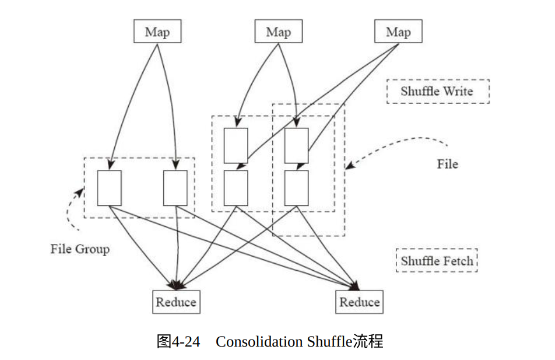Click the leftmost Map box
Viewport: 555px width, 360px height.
pos(157,31)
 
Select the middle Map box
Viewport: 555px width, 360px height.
pos(279,31)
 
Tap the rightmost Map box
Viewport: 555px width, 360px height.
pos(398,31)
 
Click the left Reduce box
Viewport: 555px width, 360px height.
pos(176,302)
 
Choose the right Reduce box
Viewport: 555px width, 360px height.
pos(359,302)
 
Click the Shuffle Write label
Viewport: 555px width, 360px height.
pos(438,92)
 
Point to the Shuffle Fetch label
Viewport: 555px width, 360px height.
pos(437,261)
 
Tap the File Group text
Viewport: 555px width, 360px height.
pos(80,249)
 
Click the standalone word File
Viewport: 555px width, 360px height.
pos(447,164)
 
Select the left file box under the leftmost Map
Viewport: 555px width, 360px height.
pos(110,188)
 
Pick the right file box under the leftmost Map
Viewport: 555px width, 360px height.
pos(175,188)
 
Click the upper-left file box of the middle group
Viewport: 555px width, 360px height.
pos(236,146)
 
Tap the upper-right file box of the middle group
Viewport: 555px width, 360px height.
pos(296,146)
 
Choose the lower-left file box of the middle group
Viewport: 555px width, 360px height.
pos(236,188)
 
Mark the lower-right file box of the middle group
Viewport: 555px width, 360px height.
pos(296,188)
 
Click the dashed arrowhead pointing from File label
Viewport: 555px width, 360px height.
pos(349,166)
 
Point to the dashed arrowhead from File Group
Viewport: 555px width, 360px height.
pos(80,192)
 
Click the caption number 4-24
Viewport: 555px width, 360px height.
pos(186,342)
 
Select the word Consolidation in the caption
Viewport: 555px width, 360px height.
pos(260,342)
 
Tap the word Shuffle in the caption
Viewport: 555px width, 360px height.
pos(329,341)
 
